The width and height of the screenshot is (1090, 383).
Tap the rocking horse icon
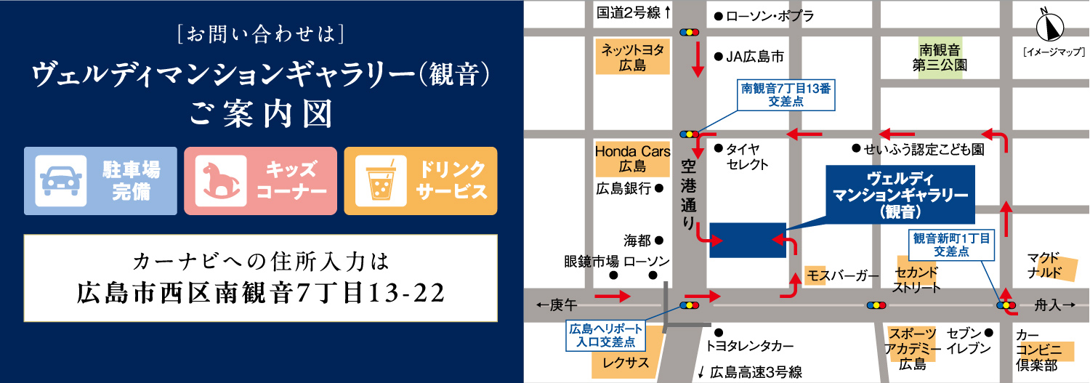coord(217,181)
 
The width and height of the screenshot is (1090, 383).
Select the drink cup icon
coord(378,181)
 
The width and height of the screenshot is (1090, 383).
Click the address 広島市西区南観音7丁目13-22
coord(260,292)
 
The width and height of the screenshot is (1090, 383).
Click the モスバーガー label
coord(843,275)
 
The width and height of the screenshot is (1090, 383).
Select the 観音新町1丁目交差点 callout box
coord(951,243)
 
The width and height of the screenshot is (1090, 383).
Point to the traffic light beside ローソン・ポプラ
coord(689,32)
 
